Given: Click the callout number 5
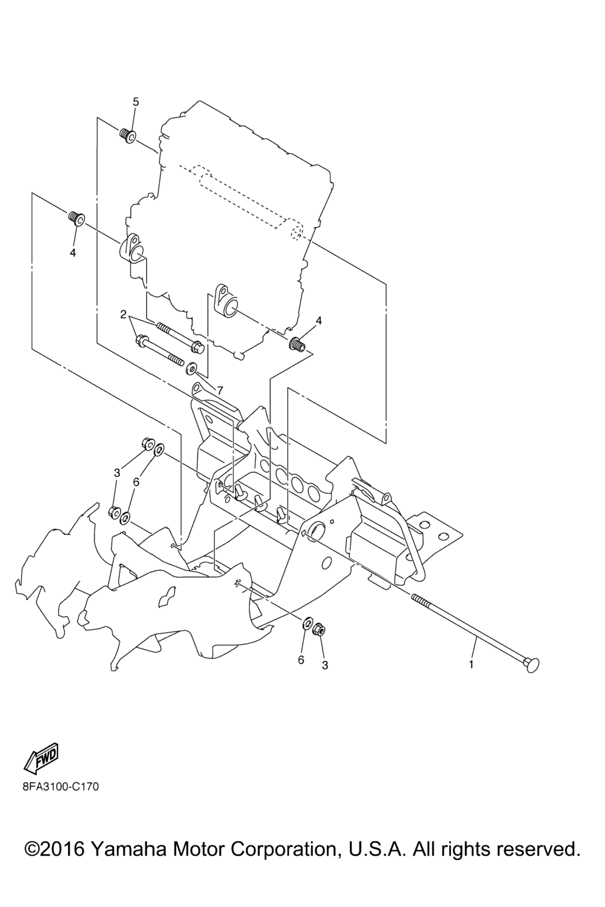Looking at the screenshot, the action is coord(136,102).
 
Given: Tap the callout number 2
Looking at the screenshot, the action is coord(123,314).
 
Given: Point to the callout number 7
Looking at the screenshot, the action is coord(220,390).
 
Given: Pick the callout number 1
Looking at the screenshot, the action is coord(471,664).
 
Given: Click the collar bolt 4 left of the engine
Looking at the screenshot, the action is coord(76,218).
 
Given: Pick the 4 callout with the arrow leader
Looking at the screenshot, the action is coord(319,320).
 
